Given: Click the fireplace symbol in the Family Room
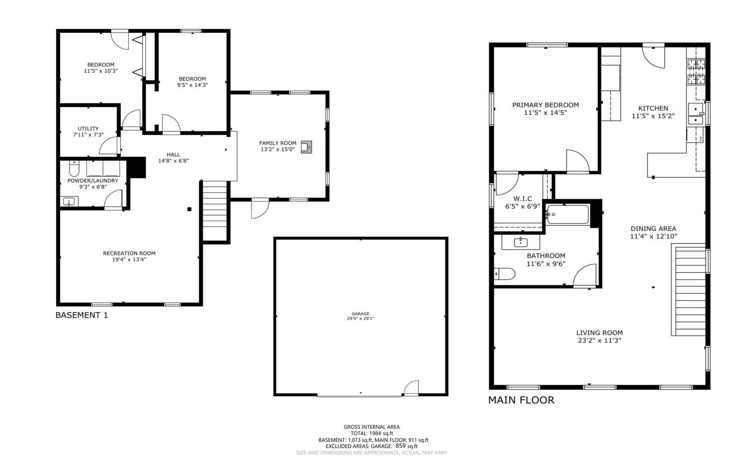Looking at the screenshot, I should coord(306,147).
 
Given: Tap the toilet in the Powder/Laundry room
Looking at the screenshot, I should coord(74,168).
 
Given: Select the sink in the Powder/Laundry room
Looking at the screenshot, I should coord(69,202).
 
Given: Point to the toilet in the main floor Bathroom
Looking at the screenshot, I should coord(504,274).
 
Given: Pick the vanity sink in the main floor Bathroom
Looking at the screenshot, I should coord(520,242).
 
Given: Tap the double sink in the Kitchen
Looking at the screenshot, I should coord(696,115).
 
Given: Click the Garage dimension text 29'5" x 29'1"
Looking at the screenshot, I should coord(360,319).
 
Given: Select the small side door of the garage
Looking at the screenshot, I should coord(411,388).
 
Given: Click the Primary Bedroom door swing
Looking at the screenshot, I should coord(577,161).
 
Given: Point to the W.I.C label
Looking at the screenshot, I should coord(523,199).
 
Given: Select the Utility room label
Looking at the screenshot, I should coord(88,128).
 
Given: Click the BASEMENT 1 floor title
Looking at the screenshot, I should coord(81,315).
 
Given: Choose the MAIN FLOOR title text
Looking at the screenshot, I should coord(521,400).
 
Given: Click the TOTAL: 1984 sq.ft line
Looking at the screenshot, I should coord(372,433).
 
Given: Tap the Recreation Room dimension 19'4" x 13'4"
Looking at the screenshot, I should coord(129,260).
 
